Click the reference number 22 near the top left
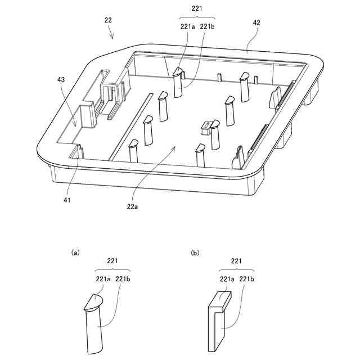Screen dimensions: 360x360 click(108, 20)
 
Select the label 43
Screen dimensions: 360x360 click(61, 80)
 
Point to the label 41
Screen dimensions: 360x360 click(67, 199)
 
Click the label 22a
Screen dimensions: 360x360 click(133, 206)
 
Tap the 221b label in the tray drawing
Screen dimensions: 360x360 click(208, 26)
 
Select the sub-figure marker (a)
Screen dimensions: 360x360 click(75, 253)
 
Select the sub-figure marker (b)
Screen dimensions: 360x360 click(195, 253)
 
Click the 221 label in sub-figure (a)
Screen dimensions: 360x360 click(112, 260)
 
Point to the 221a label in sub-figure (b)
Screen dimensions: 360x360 click(227, 279)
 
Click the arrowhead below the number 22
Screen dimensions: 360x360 click(112, 38)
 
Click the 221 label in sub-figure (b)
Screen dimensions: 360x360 click(236, 260)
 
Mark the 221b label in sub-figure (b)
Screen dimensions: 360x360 click(247, 279)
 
